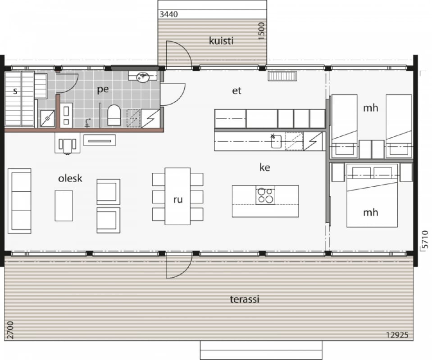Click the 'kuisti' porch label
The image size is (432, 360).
pyautogui.click(x=221, y=41)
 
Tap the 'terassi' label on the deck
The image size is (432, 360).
pyautogui.click(x=245, y=299)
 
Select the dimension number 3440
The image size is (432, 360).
pyautogui.click(x=168, y=14)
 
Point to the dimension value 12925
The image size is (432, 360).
pyautogui.click(x=397, y=335)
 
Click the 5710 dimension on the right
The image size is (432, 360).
pyautogui.click(x=425, y=239)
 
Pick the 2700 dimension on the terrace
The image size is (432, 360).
pyautogui.click(x=10, y=330)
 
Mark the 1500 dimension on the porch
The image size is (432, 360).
pyautogui.click(x=261, y=31)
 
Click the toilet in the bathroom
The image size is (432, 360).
pyautogui.click(x=114, y=115)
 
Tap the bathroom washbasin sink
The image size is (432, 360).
pyautogui.click(x=143, y=77)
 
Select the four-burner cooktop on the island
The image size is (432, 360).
pyautogui.click(x=265, y=195)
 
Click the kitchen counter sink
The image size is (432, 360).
pyautogui.click(x=276, y=141)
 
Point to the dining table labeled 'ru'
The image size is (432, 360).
pyautogui.click(x=177, y=196)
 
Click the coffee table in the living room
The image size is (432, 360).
pyautogui.click(x=64, y=206)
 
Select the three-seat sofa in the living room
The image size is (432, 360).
pyautogui.click(x=19, y=201)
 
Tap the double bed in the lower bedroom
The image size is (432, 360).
pyautogui.click(x=372, y=195)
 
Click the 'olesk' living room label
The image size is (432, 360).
pyautogui.click(x=70, y=178)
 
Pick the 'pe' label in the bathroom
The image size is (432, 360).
pyautogui.click(x=103, y=90)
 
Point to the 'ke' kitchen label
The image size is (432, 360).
pyautogui.click(x=265, y=167)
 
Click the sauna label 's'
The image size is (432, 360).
pyautogui.click(x=15, y=91)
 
